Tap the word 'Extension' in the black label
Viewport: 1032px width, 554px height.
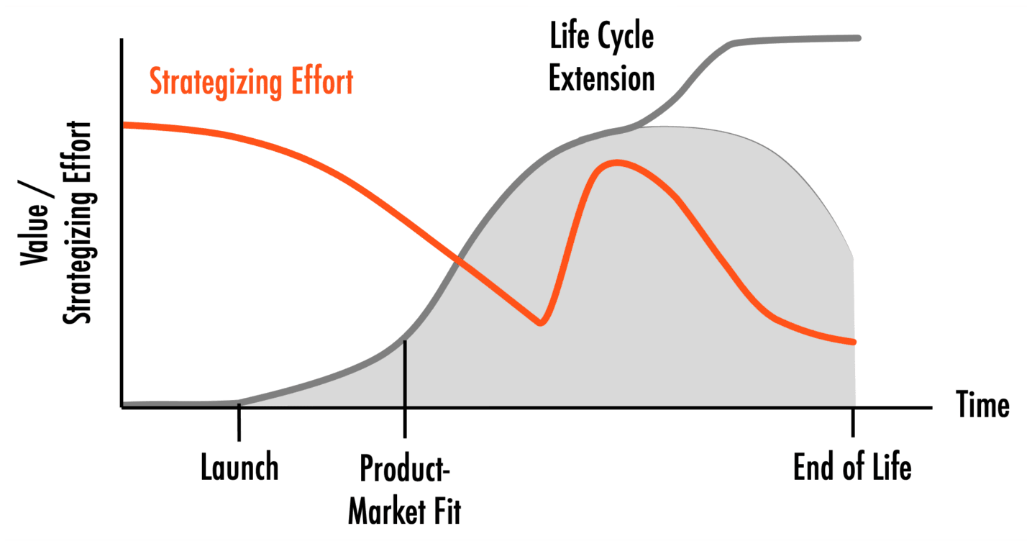pyautogui.click(x=602, y=78)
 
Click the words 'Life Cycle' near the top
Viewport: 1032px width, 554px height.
pyautogui.click(x=602, y=37)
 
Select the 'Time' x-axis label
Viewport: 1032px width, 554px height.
pyautogui.click(x=983, y=404)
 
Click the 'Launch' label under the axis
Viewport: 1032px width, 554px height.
pyautogui.click(x=239, y=467)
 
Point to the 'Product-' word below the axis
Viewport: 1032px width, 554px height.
pyautogui.click(x=404, y=468)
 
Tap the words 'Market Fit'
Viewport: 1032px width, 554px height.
pyautogui.click(x=404, y=511)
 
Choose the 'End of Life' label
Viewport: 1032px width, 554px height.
pyautogui.click(x=852, y=467)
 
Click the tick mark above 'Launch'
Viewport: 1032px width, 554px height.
pyautogui.click(x=239, y=422)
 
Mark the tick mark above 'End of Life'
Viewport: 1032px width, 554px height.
pyautogui.click(x=853, y=422)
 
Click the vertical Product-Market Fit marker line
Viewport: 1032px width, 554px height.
pyautogui.click(x=405, y=389)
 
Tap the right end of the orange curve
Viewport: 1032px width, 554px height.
pyautogui.click(x=854, y=342)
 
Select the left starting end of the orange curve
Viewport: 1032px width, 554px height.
pyautogui.click(x=124, y=125)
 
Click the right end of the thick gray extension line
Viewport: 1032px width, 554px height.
pyautogui.click(x=858, y=38)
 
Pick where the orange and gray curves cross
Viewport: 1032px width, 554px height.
pyautogui.click(x=458, y=260)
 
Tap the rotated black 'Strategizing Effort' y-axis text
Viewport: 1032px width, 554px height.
pyautogui.click(x=78, y=222)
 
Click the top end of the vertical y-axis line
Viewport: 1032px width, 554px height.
pyautogui.click(x=122, y=40)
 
